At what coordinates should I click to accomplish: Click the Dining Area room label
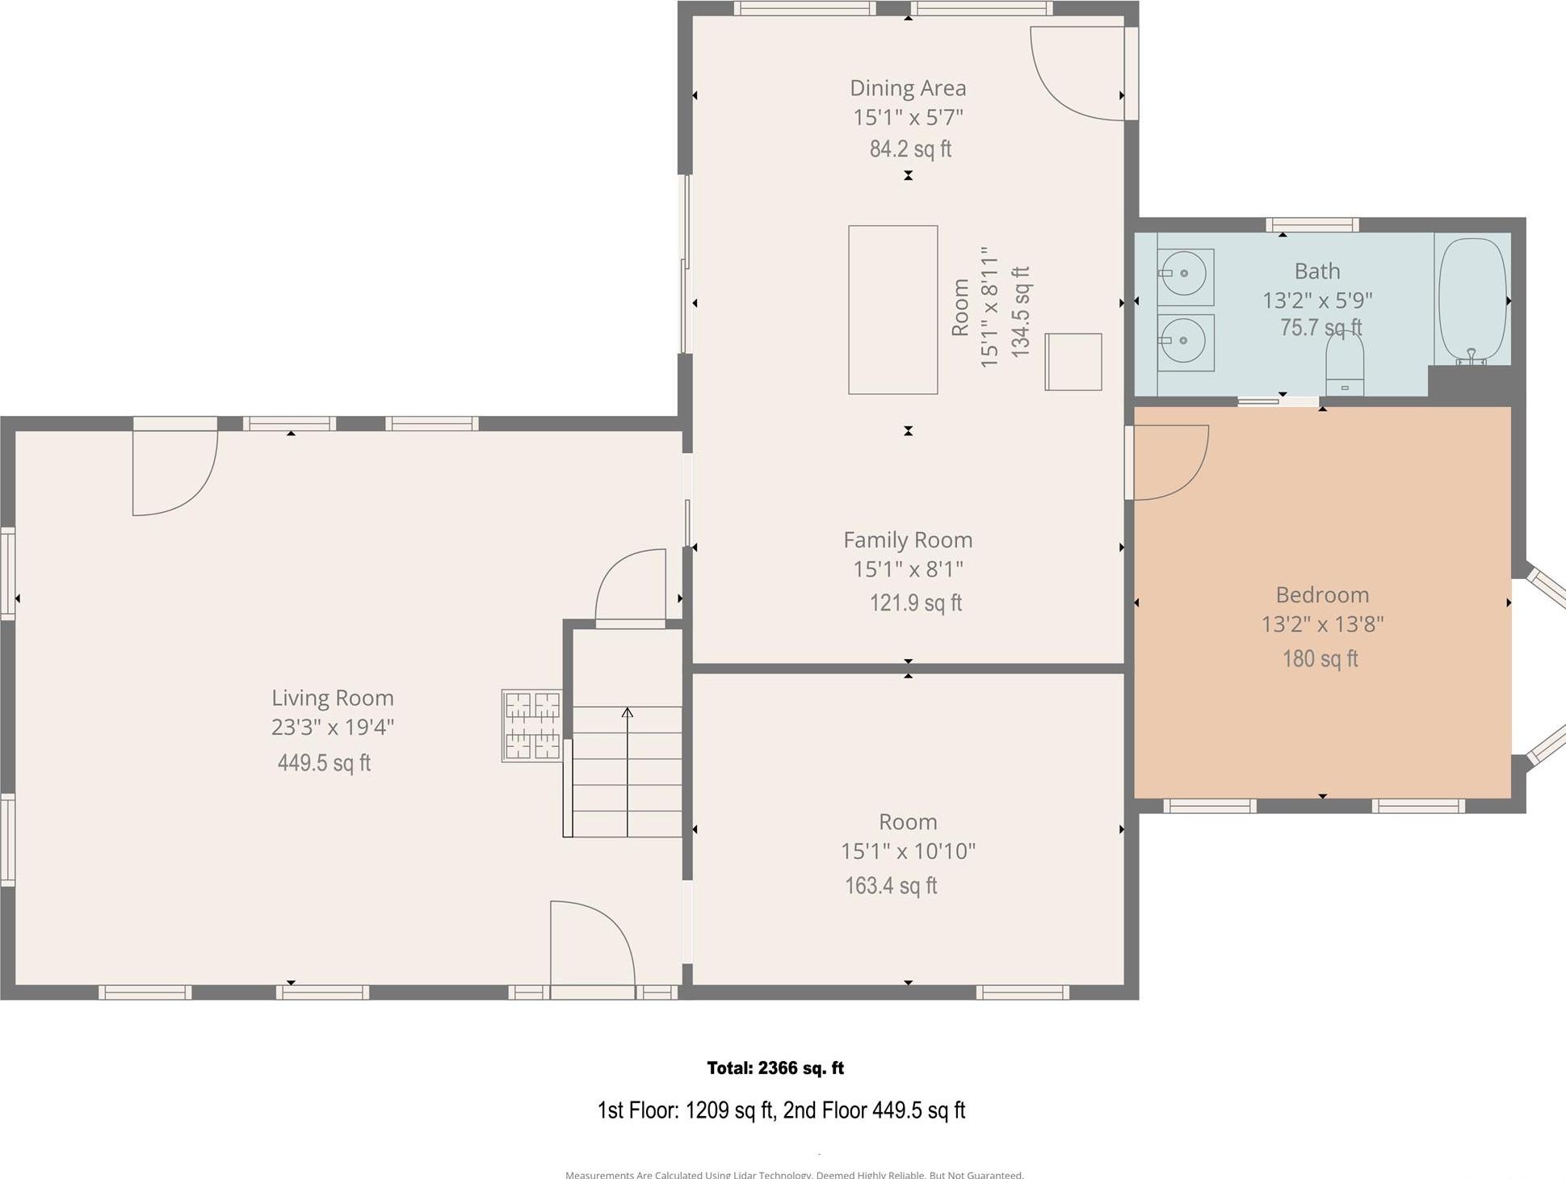click(907, 88)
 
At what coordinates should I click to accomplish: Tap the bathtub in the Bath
click(1472, 300)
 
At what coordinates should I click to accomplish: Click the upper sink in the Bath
click(1185, 275)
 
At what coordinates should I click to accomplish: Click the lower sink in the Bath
click(1185, 342)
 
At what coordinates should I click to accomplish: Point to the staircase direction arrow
click(628, 771)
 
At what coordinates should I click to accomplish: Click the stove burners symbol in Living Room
click(532, 725)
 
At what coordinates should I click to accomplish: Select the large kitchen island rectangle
click(892, 310)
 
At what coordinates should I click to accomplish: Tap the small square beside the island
click(1073, 362)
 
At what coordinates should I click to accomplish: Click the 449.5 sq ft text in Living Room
click(324, 762)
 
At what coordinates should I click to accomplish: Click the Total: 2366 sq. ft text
click(775, 1068)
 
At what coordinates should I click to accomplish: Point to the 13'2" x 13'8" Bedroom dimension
click(1322, 624)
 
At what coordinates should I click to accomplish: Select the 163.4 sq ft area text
click(891, 886)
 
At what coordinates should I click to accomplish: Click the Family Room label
click(907, 540)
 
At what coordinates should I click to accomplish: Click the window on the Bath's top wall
click(1312, 225)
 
